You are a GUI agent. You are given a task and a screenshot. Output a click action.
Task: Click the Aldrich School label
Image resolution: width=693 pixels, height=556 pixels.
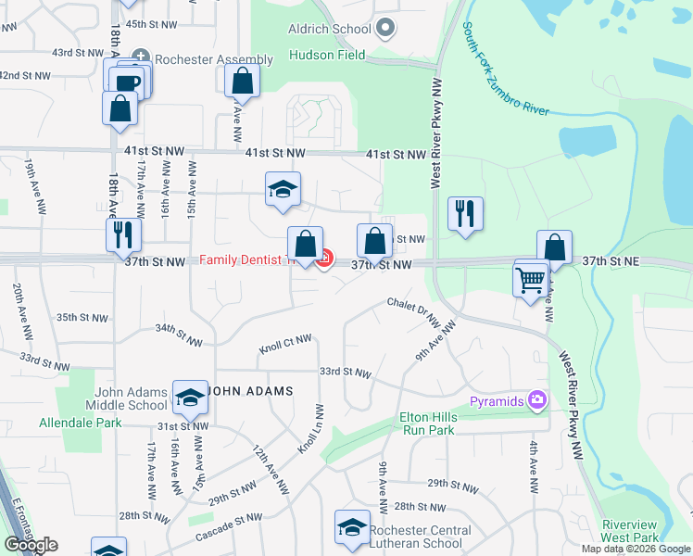330,29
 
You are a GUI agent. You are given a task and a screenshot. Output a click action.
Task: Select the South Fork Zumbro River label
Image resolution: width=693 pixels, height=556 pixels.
505,69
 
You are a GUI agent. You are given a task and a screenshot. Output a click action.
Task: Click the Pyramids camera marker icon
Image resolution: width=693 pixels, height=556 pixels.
535,400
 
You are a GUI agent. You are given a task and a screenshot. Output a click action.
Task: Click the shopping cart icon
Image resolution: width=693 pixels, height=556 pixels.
530,278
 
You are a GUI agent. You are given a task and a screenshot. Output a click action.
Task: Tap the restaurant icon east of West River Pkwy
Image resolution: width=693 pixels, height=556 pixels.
464,213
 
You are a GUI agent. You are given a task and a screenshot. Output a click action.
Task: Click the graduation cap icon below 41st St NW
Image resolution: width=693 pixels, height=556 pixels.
283,189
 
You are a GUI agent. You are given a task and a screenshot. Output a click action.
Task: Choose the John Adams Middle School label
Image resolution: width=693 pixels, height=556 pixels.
127,398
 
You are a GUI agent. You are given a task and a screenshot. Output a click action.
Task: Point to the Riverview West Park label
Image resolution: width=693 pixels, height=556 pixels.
630,531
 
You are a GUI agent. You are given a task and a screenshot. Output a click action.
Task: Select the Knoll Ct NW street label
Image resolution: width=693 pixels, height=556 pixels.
285,344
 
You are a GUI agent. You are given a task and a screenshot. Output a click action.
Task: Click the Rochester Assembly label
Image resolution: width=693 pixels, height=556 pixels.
214,60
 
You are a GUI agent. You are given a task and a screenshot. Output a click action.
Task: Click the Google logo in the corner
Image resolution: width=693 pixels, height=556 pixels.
31,544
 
